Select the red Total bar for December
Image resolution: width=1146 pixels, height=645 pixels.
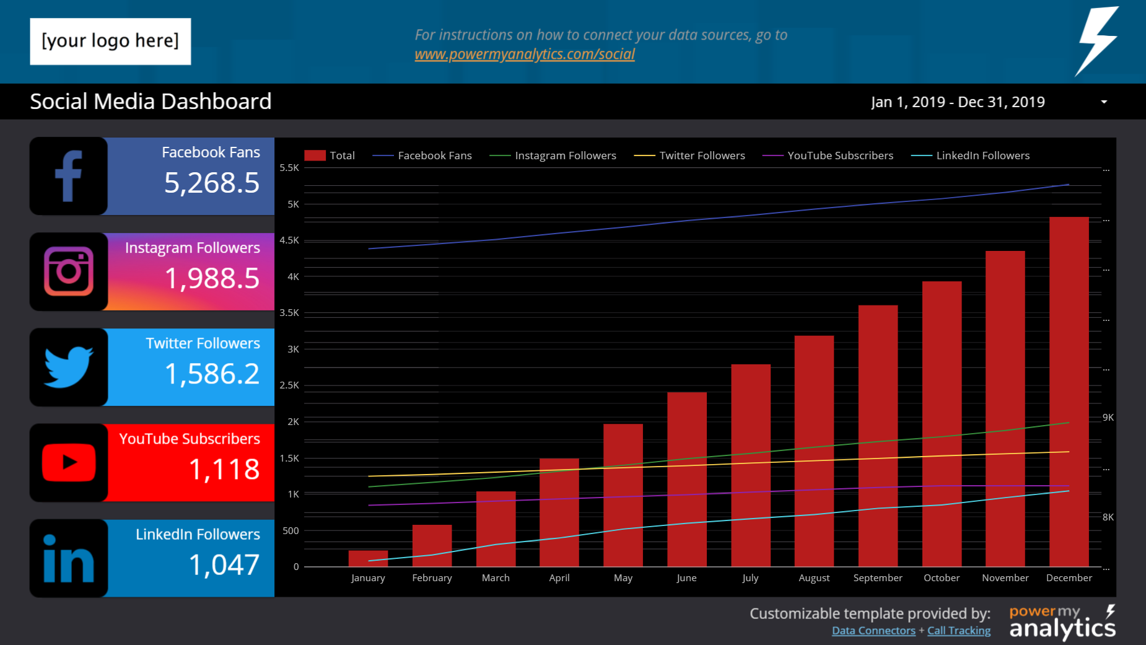[x=1069, y=390]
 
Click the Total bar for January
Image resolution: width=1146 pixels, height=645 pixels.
[x=368, y=558]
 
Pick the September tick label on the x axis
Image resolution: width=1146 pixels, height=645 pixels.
[x=877, y=577]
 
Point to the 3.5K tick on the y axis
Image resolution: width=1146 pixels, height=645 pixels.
[x=289, y=313]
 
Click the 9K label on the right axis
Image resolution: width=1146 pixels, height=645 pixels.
[x=1108, y=418]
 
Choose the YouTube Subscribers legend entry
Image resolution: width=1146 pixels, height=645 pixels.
[x=839, y=156]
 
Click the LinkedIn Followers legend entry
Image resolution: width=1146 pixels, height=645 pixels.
[x=982, y=156]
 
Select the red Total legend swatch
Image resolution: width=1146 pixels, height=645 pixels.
[x=315, y=156]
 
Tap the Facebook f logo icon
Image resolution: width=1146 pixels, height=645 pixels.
[x=69, y=177]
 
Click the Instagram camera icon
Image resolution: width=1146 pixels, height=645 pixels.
[x=69, y=271]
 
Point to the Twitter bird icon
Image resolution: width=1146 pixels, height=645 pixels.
[x=69, y=367]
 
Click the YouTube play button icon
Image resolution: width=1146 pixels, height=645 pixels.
[x=69, y=462]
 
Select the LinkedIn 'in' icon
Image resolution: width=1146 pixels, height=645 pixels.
[x=69, y=558]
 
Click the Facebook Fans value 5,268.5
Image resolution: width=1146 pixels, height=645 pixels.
[x=211, y=183]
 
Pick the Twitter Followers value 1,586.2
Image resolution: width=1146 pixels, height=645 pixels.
[x=211, y=374]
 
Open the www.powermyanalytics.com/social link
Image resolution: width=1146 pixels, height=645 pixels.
[x=525, y=55]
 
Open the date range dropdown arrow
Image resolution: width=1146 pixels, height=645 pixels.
[x=1104, y=102]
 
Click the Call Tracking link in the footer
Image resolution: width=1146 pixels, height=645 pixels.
[x=958, y=631]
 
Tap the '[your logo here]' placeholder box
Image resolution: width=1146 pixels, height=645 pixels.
[x=110, y=42]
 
